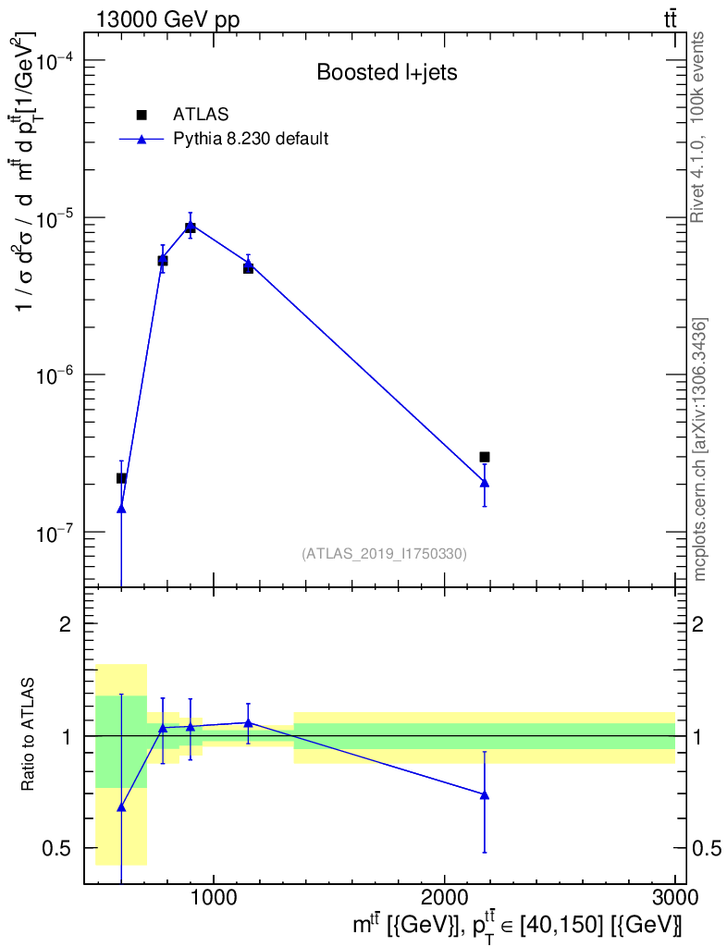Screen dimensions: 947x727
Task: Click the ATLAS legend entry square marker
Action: tap(142, 115)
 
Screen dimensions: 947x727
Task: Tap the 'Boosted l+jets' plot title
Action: tap(387, 72)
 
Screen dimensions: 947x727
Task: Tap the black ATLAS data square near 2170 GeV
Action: tap(485, 457)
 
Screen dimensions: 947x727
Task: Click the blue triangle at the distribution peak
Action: tap(191, 226)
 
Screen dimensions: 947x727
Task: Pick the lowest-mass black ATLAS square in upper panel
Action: tap(121, 478)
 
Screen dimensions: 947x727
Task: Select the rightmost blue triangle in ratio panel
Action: tap(485, 794)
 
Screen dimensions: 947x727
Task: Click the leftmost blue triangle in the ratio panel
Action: tap(121, 807)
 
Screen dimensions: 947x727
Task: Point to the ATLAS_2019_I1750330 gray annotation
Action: tap(384, 554)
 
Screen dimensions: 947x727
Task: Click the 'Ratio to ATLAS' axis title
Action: tap(30, 735)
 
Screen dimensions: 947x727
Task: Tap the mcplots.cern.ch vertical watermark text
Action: tap(700, 449)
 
